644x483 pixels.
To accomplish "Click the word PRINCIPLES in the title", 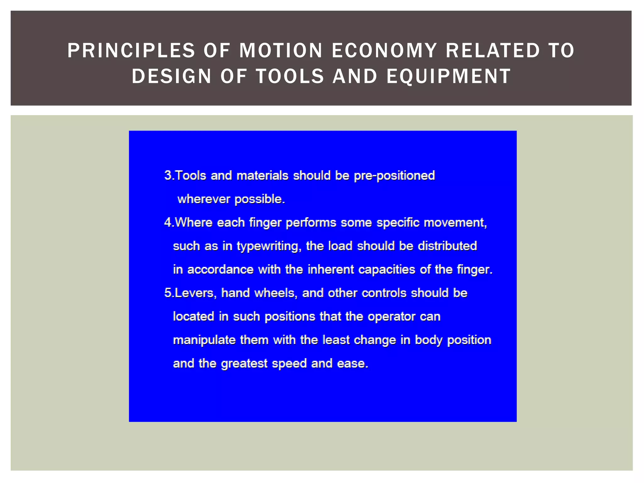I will tap(131, 51).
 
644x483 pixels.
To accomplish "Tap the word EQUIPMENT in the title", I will tap(449, 76).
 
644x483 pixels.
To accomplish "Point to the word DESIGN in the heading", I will tap(172, 76).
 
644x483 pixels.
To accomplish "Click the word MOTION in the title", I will tap(281, 51).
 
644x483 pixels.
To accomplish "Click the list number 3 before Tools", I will tap(168, 175).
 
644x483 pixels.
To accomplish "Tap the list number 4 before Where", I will tap(168, 223).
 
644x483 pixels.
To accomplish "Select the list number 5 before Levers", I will tap(168, 293).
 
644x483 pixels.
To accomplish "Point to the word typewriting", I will tap(269, 246).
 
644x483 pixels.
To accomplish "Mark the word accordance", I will tap(220, 269).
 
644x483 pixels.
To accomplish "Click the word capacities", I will tap(386, 269).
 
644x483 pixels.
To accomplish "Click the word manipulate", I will tap(204, 340).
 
